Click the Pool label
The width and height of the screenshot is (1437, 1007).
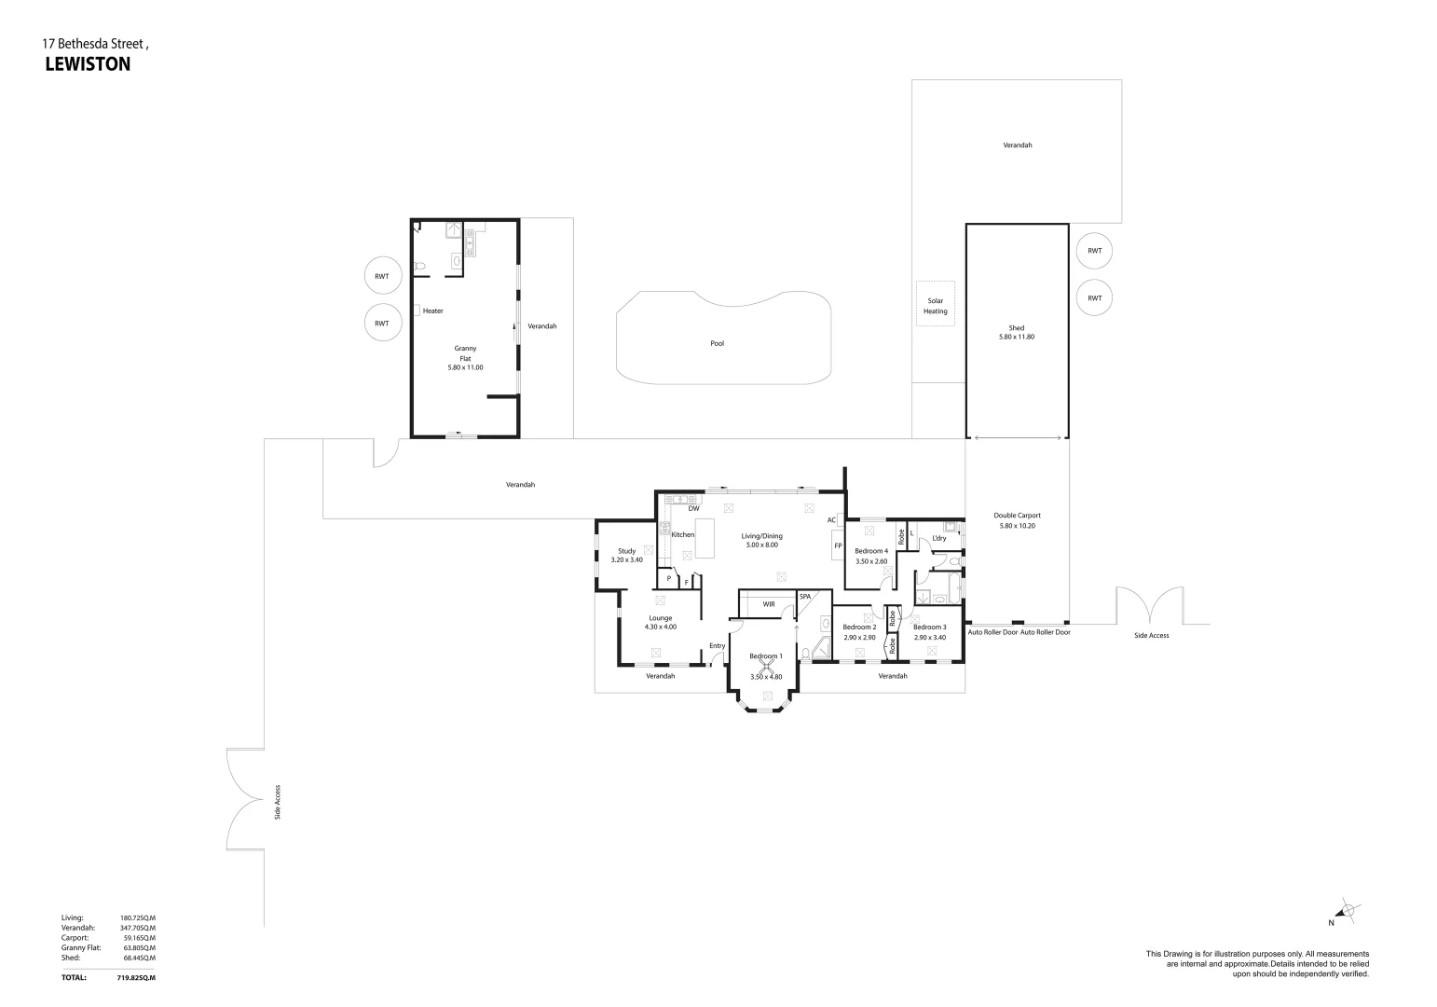(x=717, y=344)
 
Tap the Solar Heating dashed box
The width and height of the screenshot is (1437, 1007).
(x=935, y=305)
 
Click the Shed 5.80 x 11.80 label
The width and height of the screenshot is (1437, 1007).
(x=1016, y=333)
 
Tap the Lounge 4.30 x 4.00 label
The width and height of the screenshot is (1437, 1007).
(x=660, y=623)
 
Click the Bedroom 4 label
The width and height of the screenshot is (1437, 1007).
(x=871, y=551)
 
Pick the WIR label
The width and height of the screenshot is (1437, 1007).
(x=769, y=605)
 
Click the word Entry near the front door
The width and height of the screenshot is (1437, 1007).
(x=717, y=646)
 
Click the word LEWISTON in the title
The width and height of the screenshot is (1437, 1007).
(x=88, y=65)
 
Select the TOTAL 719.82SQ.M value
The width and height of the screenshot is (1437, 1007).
(x=136, y=978)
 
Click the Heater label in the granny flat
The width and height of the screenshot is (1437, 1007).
(x=432, y=311)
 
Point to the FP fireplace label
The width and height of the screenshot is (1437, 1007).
(x=838, y=546)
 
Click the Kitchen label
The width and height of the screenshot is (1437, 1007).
(x=683, y=535)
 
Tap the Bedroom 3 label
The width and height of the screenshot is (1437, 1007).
(x=929, y=628)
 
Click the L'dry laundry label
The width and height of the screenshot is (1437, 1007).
(x=938, y=538)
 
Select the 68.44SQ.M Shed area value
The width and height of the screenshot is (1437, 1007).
(x=138, y=958)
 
